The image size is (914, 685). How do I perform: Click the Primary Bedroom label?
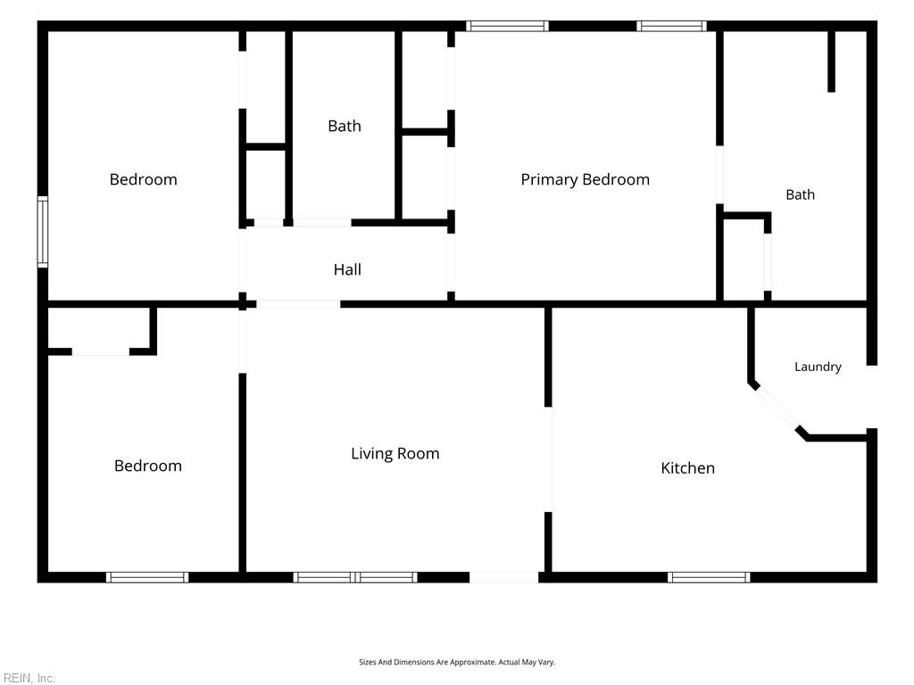pyautogui.click(x=585, y=179)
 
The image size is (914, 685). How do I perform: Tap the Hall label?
pyautogui.click(x=347, y=269)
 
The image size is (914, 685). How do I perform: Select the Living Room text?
pyautogui.click(x=395, y=454)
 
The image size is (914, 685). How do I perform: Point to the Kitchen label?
pyautogui.click(x=688, y=467)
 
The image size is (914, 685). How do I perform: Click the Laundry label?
pyautogui.click(x=818, y=367)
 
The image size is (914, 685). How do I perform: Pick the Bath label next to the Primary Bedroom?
pyautogui.click(x=801, y=194)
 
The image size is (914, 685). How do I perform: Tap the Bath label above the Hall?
pyautogui.click(x=345, y=126)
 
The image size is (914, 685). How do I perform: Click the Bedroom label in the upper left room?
pyautogui.click(x=144, y=179)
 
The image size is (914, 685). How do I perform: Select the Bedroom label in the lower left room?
pyautogui.click(x=148, y=466)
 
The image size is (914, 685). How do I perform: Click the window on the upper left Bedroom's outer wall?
pyautogui.click(x=43, y=232)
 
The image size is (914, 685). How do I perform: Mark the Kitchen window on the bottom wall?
pyautogui.click(x=709, y=577)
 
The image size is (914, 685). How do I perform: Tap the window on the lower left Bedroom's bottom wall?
pyautogui.click(x=147, y=577)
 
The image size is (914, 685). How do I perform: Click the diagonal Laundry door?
pyautogui.click(x=776, y=408)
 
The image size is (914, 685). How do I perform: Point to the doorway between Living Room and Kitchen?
pyautogui.click(x=548, y=459)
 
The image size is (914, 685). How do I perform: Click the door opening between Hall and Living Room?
pyautogui.click(x=298, y=304)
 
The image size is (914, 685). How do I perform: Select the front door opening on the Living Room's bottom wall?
pyautogui.click(x=503, y=577)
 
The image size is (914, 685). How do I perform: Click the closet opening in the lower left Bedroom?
pyautogui.click(x=100, y=351)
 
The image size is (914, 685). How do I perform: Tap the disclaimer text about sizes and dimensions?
pyautogui.click(x=457, y=663)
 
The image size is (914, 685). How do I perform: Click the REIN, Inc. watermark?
pyautogui.click(x=29, y=678)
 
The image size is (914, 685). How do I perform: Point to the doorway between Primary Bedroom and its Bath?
pyautogui.click(x=720, y=175)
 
